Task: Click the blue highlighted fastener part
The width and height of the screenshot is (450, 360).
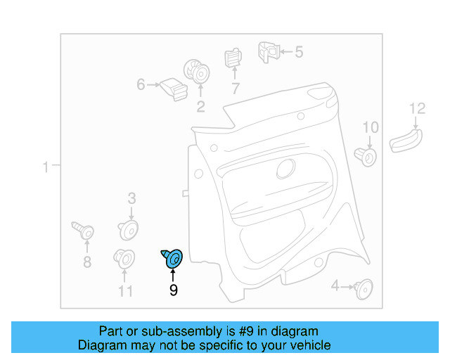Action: (173, 259)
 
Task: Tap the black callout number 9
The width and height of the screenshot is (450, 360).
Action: (173, 290)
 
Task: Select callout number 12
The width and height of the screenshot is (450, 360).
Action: (418, 108)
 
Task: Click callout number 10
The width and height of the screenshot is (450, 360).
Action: (370, 127)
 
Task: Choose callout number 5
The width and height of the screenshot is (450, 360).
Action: (298, 51)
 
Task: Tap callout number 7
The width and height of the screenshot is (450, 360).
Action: (235, 89)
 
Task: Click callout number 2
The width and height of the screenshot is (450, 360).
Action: (200, 107)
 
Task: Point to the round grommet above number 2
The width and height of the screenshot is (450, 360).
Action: (197, 72)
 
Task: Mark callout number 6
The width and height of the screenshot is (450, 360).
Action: (141, 85)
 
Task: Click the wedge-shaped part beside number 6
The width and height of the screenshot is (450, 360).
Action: (173, 89)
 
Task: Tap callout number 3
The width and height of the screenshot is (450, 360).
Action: (131, 198)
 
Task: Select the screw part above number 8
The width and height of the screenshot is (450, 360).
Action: (83, 230)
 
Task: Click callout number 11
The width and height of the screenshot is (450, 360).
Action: (125, 290)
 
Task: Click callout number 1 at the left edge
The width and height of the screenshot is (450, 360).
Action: (45, 167)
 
